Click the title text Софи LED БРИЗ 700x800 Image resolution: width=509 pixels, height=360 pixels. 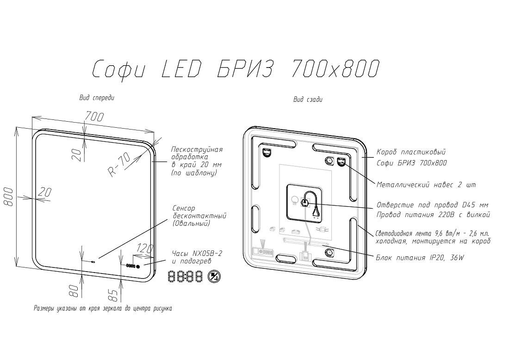(236, 69)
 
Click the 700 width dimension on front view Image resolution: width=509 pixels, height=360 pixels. (94, 116)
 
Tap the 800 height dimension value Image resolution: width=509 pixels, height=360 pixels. (8, 196)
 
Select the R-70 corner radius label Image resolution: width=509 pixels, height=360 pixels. (119, 164)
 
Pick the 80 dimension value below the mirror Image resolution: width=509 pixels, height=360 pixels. (74, 291)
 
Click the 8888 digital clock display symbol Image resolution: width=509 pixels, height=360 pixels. (186, 277)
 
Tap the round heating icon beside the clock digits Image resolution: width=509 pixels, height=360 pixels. (214, 277)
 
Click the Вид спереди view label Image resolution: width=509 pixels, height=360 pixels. (97, 98)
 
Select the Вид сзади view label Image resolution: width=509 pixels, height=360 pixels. (308, 99)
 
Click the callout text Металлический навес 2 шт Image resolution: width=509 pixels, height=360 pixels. (426, 185)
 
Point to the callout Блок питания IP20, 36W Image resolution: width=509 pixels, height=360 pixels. (420, 258)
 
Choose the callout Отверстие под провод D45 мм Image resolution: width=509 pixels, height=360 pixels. (432, 205)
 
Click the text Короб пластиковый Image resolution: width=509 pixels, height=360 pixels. (411, 152)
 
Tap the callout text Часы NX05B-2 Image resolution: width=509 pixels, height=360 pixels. (197, 253)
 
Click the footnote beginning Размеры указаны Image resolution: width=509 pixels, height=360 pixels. (103, 308)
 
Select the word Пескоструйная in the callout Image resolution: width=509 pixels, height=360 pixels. (197, 149)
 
